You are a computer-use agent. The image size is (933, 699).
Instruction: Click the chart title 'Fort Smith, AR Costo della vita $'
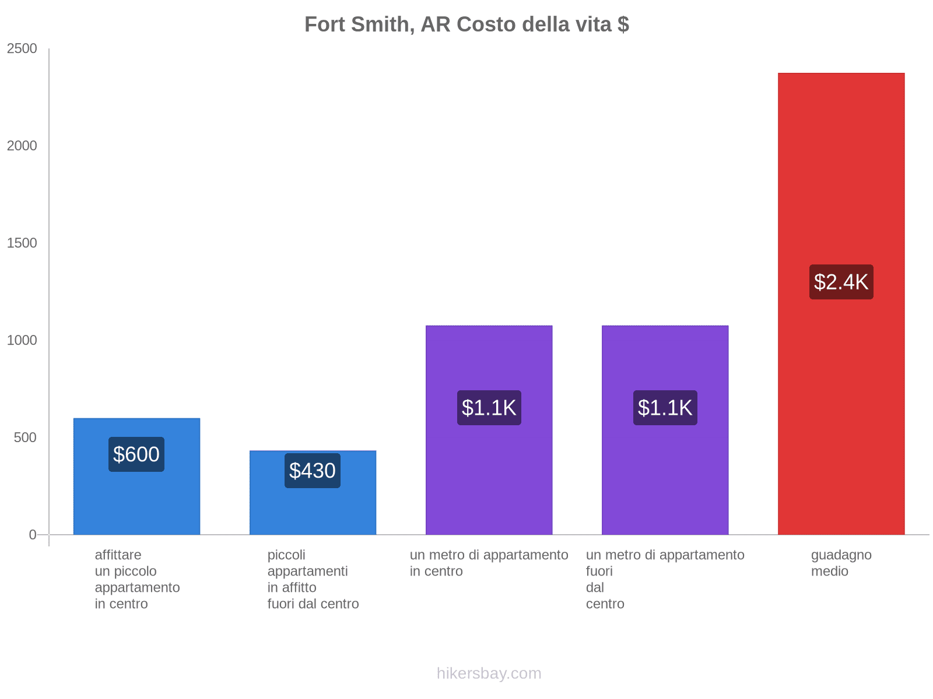tap(466, 24)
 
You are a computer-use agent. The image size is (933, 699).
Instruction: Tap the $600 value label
tap(136, 454)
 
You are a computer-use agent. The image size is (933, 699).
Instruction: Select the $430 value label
tap(313, 471)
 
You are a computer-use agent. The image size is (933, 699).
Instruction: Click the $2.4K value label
tap(841, 282)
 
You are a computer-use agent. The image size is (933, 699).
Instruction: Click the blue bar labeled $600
tap(136, 501)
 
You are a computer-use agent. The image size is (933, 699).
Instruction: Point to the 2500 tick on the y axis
tap(22, 49)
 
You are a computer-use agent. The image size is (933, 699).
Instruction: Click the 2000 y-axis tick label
tap(22, 146)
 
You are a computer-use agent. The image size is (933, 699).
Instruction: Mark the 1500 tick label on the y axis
tap(22, 243)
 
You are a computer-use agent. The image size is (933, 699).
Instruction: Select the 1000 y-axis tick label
tap(22, 341)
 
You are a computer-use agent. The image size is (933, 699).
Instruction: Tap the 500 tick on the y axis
tap(26, 438)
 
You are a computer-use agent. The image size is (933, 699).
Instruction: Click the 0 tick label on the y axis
tap(33, 535)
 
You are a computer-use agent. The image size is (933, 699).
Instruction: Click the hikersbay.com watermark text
tap(489, 673)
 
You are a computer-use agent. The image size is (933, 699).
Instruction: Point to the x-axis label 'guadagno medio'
tap(841, 563)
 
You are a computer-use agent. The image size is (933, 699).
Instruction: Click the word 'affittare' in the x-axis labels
tap(118, 555)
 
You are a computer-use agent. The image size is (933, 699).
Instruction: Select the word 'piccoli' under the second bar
tap(286, 555)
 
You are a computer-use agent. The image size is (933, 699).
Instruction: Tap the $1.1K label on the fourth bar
tap(665, 408)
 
